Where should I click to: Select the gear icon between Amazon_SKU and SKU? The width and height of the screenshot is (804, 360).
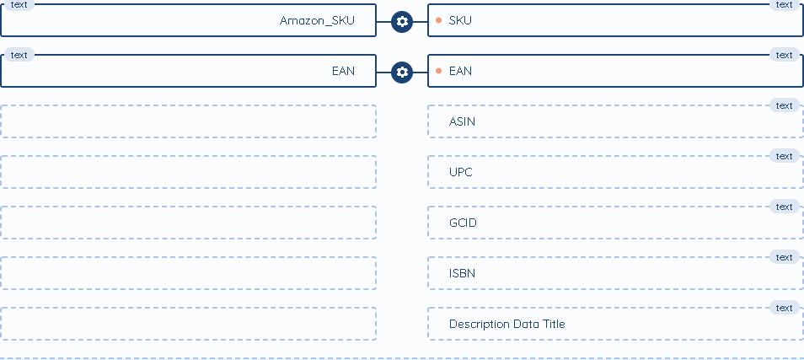402,21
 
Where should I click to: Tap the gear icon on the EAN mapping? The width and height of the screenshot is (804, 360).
402,72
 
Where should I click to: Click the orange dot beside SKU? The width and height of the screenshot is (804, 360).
438,20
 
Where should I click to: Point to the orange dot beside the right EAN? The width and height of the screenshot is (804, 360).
438,71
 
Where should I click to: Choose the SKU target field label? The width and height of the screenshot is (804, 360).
460,20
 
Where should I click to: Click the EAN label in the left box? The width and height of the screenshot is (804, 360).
343,71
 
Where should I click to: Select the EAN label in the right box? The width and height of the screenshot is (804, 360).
460,71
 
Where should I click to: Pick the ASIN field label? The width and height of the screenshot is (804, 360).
462,121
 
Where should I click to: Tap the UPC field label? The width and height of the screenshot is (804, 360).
461,172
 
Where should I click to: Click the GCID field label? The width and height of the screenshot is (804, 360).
463,223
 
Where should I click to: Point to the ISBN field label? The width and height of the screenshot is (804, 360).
463,273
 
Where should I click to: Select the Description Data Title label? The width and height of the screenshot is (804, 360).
507,324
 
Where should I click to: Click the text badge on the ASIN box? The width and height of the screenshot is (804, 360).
784,105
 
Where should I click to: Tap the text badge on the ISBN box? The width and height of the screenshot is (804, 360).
784,257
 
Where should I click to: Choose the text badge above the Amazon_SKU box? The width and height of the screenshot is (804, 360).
19,4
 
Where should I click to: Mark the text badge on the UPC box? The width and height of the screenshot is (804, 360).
784,156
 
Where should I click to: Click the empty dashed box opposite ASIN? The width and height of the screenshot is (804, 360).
188,121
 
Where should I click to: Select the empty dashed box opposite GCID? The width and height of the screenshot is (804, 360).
188,223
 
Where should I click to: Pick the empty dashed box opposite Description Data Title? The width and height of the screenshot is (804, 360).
188,324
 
